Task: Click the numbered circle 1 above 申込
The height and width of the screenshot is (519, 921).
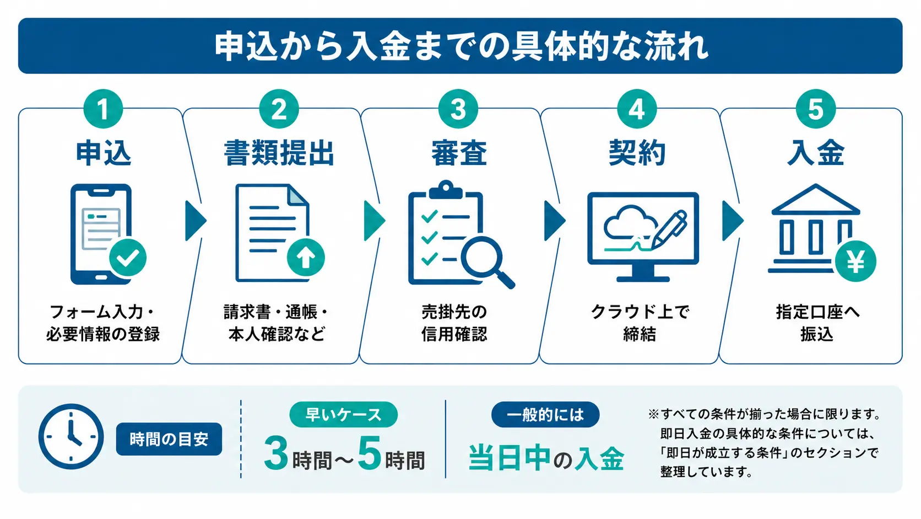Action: click(x=103, y=109)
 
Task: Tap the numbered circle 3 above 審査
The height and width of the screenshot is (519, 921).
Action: click(x=458, y=109)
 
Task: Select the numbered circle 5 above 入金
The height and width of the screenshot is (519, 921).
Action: click(x=815, y=109)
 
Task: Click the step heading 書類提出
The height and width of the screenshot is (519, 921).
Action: click(x=279, y=153)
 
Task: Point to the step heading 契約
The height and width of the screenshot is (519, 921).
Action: click(x=637, y=153)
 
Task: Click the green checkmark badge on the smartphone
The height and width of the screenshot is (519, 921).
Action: click(x=128, y=258)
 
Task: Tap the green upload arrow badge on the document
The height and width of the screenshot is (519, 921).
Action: click(x=306, y=258)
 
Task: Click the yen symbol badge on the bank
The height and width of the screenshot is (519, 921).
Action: click(x=855, y=261)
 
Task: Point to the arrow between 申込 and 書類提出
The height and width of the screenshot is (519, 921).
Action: click(x=195, y=221)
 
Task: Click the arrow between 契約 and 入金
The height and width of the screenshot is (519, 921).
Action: click(x=732, y=221)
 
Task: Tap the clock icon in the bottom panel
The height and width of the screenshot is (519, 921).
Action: click(x=71, y=437)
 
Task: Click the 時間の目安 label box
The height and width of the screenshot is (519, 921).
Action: click(x=169, y=439)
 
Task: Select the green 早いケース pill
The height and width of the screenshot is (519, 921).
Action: click(x=343, y=415)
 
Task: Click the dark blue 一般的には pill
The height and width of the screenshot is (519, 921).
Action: click(x=545, y=415)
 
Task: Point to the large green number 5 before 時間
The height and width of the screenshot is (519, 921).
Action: click(x=369, y=454)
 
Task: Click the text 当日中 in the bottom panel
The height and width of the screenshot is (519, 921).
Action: click(x=510, y=458)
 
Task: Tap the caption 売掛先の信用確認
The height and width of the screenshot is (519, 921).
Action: click(x=454, y=323)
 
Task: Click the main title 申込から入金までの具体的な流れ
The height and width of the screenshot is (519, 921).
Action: click(x=460, y=46)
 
